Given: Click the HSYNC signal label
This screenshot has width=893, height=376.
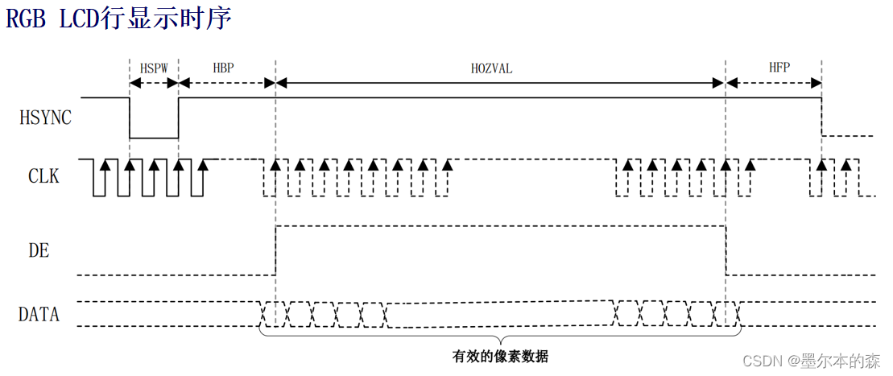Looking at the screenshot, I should point(45,118).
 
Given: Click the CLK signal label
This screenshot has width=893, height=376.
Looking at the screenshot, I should point(43,175).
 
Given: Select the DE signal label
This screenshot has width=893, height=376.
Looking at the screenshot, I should point(39,250).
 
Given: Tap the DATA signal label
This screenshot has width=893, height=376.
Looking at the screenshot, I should point(39,314).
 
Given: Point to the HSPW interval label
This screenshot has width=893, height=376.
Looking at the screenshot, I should point(154,68).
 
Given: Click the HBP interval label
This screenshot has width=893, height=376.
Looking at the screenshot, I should point(223,68).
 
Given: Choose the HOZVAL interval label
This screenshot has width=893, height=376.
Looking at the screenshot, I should point(491,68).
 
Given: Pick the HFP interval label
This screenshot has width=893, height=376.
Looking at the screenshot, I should point(779,68).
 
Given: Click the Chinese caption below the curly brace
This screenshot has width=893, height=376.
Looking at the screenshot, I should point(500,355).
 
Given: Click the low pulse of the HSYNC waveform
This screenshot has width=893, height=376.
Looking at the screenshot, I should point(154,138).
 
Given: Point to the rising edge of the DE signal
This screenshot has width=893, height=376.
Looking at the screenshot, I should point(275,250).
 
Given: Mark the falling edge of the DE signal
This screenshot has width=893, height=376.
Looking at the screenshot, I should point(726,250).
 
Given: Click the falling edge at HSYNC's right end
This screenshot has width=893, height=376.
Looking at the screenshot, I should point(821,118).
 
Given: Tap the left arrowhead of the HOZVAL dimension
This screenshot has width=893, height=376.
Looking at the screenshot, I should point(280,81).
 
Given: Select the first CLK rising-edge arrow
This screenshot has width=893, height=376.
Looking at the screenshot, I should point(105,165).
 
